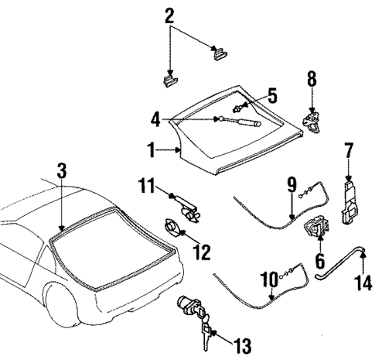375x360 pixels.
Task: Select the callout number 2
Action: coord(169,16)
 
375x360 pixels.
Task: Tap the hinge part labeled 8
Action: coord(312,119)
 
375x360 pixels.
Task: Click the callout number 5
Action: coord(271,97)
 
